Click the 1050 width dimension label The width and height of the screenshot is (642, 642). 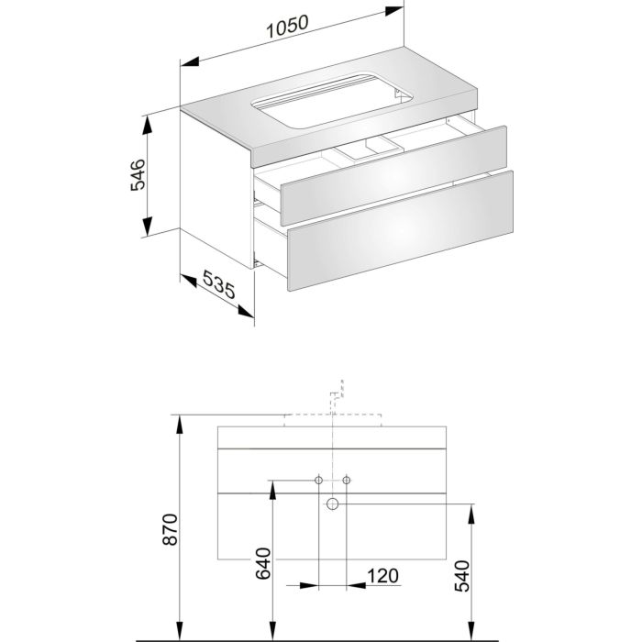287,26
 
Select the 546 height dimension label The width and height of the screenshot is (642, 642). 138,175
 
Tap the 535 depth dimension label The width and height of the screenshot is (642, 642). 219,284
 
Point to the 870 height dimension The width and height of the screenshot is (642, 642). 171,529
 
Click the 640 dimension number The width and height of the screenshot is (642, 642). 263,564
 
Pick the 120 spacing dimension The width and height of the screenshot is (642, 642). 382,576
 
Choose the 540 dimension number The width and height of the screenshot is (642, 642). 462,576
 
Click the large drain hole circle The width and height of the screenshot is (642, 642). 332,504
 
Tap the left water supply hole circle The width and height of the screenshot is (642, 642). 318,480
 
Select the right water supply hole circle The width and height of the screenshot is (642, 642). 347,480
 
